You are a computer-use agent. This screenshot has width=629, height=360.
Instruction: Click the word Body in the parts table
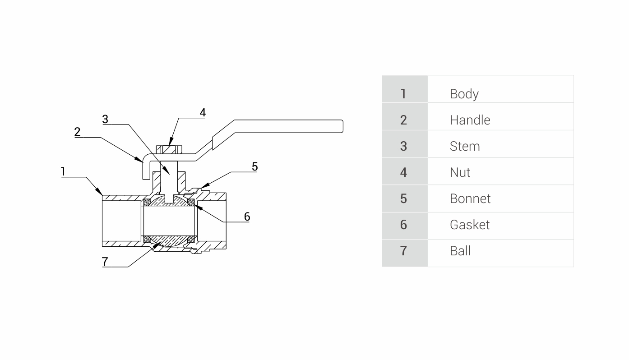pyautogui.click(x=464, y=94)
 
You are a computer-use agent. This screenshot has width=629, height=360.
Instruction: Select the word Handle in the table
pyautogui.click(x=470, y=120)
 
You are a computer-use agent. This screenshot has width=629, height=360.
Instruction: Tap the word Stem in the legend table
pyautogui.click(x=464, y=146)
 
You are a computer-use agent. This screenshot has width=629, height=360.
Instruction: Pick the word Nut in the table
pyautogui.click(x=460, y=172)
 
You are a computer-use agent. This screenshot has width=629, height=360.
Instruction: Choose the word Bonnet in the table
pyautogui.click(x=470, y=198)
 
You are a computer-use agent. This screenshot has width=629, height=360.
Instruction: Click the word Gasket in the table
pyautogui.click(x=469, y=225)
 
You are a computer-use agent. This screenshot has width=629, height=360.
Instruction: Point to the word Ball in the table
pyautogui.click(x=460, y=251)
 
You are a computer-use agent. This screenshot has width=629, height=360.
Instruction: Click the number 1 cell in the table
pyautogui.click(x=403, y=94)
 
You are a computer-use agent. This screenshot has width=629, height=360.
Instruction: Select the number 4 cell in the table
pyautogui.click(x=403, y=172)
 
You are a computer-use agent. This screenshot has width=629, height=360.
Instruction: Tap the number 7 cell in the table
pyautogui.click(x=403, y=251)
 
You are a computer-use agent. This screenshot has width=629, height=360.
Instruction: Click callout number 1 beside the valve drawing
pyautogui.click(x=63, y=171)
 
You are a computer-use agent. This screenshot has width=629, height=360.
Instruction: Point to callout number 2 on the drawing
pyautogui.click(x=78, y=132)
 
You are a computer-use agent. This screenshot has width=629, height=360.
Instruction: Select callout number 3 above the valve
pyautogui.click(x=105, y=119)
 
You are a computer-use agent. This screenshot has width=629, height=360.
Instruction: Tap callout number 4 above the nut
pyautogui.click(x=203, y=112)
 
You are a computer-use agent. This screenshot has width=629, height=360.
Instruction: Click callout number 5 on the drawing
pyautogui.click(x=254, y=167)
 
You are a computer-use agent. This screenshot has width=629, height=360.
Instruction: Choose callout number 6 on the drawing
pyautogui.click(x=247, y=217)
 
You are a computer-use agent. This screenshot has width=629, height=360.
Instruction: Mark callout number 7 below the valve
pyautogui.click(x=105, y=262)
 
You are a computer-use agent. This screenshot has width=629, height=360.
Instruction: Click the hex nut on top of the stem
pyautogui.click(x=169, y=149)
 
